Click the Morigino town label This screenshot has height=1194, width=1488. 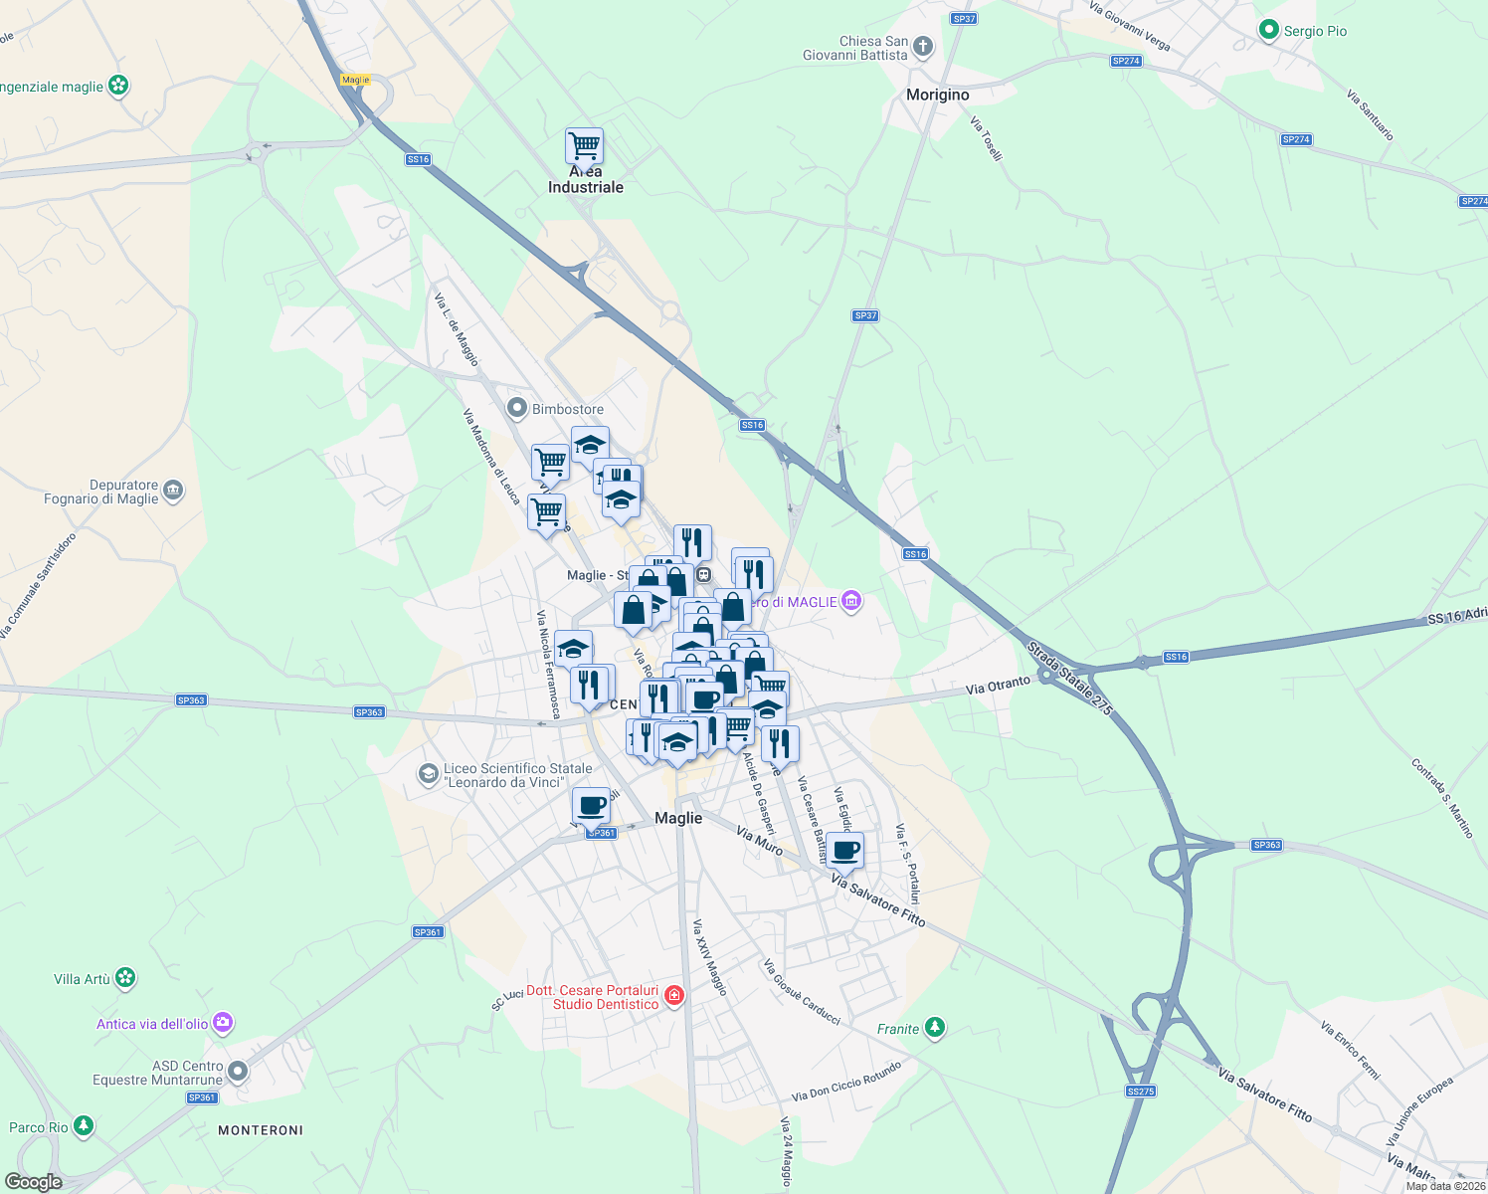[937, 95]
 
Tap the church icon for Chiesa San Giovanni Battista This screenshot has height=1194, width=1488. [923, 47]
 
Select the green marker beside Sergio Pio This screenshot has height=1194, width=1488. [1268, 31]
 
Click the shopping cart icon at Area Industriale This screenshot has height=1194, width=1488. [584, 146]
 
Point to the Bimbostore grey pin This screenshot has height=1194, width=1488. [516, 408]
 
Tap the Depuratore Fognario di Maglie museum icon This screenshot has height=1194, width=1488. [173, 491]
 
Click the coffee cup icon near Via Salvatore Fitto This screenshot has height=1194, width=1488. [844, 851]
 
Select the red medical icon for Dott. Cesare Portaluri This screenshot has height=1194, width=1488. [674, 996]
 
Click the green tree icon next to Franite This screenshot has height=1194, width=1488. [934, 1028]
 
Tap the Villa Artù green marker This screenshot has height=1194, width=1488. [124, 978]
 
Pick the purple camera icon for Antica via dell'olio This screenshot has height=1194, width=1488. [223, 1023]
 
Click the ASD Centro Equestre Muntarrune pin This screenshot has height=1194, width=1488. [237, 1072]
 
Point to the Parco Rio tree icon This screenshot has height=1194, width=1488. [84, 1126]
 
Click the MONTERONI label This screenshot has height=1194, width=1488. [261, 1130]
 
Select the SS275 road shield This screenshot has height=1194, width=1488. [1141, 1092]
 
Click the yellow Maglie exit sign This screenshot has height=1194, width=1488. [355, 80]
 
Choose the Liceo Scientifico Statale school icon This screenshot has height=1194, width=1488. [428, 774]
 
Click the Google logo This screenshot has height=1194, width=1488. [33, 1182]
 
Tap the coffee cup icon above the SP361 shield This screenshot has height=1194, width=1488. [591, 805]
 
